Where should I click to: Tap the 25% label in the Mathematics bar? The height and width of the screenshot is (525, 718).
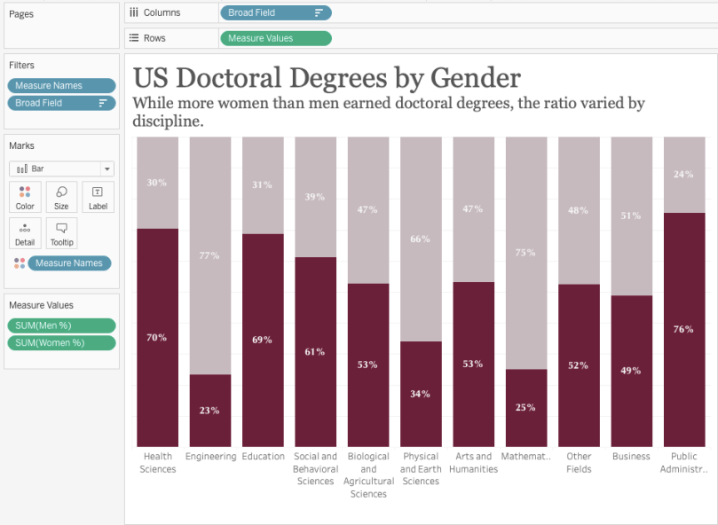[525, 407]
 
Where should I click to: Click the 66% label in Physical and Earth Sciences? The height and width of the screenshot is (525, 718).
[421, 239]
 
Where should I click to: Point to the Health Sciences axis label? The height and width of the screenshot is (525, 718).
[157, 463]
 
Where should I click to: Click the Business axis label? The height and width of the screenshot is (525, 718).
[631, 457]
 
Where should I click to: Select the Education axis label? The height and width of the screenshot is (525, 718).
[263, 457]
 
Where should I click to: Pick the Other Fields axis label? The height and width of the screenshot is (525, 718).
[578, 463]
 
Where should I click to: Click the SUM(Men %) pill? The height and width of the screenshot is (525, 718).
[61, 325]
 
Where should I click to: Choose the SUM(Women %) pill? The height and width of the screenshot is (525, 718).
[61, 343]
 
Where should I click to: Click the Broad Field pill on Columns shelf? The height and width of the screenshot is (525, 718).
[275, 12]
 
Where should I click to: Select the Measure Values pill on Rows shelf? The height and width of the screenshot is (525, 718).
[275, 38]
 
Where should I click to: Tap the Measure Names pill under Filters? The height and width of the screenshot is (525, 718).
[61, 85]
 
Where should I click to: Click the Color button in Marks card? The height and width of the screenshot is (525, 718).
[25, 198]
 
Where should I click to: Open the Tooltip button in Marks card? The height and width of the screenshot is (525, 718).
[61, 234]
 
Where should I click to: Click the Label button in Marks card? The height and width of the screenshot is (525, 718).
[98, 198]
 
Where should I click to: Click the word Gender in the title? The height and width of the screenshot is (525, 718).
[470, 77]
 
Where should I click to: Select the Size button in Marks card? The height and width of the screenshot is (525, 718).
[61, 198]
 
